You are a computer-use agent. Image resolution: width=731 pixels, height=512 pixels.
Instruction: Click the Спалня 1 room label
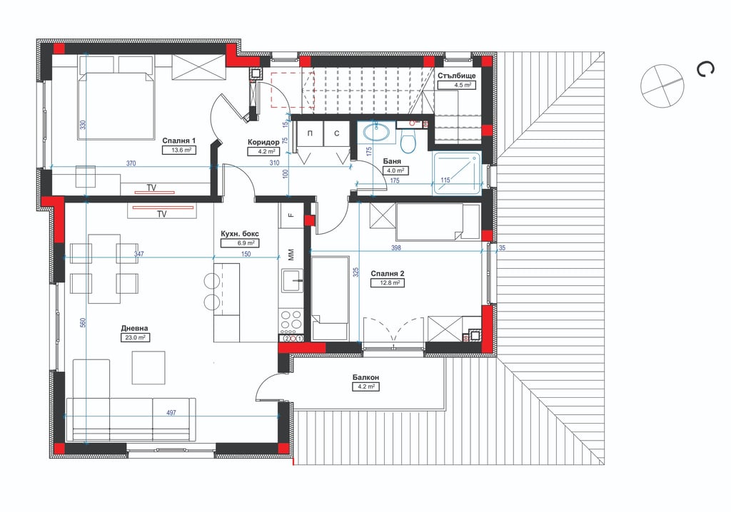tap(178, 140)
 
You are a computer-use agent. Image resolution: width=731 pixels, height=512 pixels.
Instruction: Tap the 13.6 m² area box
tap(178, 150)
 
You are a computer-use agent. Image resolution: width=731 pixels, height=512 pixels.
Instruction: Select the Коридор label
tap(263, 142)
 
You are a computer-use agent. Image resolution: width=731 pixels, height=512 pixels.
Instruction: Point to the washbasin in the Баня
tap(376, 133)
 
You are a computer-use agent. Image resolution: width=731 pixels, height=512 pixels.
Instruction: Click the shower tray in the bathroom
tap(456, 174)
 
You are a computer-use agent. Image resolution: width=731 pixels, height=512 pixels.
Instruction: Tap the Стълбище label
tap(456, 76)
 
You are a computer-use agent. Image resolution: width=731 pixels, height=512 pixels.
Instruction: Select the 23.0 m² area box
tap(135, 338)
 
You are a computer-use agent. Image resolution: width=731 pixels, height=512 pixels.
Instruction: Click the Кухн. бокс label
tap(240, 234)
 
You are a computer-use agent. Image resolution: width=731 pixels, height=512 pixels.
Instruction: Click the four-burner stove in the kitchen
tap(291, 319)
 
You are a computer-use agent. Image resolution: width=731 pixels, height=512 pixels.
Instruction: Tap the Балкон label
tap(365, 377)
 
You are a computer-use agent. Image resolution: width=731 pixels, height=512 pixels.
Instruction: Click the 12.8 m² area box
tap(388, 283)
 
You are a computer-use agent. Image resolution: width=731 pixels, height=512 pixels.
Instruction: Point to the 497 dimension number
tap(171, 413)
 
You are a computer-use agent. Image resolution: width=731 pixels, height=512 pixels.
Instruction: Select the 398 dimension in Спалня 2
tap(395, 248)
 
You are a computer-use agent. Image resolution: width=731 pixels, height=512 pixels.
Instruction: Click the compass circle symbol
tap(662, 86)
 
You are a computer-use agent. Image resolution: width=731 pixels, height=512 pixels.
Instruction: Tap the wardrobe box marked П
tap(310, 134)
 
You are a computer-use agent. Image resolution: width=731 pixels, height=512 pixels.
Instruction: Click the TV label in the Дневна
tap(162, 215)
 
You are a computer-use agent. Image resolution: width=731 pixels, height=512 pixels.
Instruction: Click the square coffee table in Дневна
tap(148, 367)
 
